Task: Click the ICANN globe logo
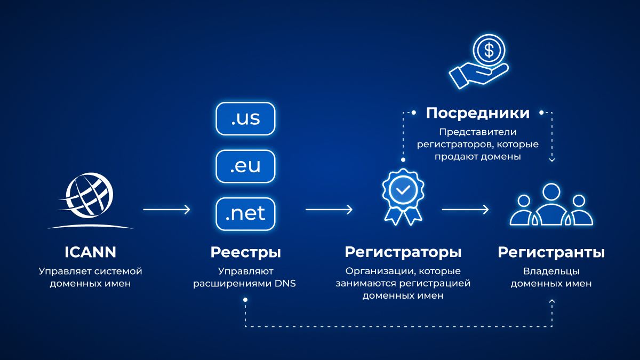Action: pos(90,200)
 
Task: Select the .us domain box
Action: pos(245,118)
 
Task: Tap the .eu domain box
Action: pos(245,166)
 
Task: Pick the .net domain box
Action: pos(245,214)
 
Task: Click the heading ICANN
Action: pos(90,252)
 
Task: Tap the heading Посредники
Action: pos(478,113)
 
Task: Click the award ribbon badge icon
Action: pos(403,197)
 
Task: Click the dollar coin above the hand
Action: pos(489,51)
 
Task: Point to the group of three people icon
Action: pos(551,205)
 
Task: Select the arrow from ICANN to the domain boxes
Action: pos(166,210)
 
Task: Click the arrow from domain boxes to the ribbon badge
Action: pos(329,210)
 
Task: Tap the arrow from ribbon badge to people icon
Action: pos(465,210)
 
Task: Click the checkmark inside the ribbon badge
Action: pos(403,189)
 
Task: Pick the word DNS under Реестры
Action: pos(285,283)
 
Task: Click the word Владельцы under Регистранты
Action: pos(551,271)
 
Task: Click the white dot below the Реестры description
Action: pos(245,300)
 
